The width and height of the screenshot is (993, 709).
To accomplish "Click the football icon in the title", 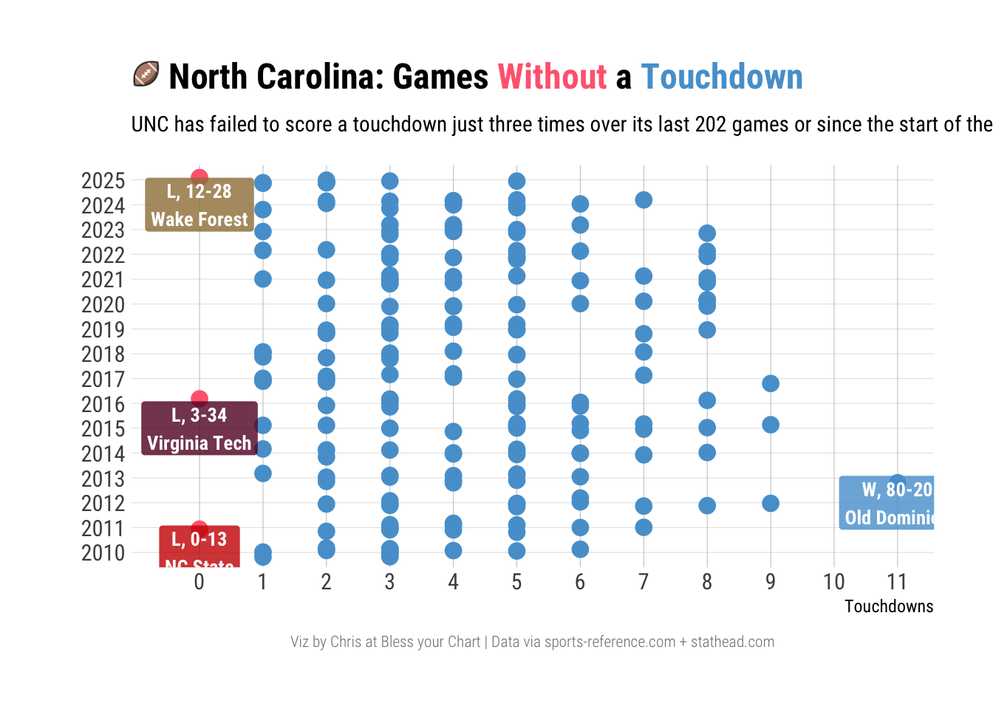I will (x=146, y=75).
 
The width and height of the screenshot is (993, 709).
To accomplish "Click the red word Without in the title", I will (x=552, y=77).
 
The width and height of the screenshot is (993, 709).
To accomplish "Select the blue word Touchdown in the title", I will (x=721, y=77).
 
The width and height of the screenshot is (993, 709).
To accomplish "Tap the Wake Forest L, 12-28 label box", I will (x=199, y=205).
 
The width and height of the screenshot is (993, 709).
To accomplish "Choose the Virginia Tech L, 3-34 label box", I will (x=199, y=428).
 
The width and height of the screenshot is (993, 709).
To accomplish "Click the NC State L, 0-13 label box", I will (x=199, y=547).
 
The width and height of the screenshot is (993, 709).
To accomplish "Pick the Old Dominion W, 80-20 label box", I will (x=887, y=503).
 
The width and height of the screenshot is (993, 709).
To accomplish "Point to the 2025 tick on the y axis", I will (x=103, y=181).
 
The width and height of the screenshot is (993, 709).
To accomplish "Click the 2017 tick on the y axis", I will (x=103, y=380).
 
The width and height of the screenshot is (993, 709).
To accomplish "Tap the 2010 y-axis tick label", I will (x=103, y=553).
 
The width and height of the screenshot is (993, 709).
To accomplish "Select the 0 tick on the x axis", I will (x=199, y=582).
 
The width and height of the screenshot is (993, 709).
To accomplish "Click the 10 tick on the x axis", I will (x=833, y=582).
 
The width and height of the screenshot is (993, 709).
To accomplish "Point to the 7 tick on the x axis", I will (x=644, y=582).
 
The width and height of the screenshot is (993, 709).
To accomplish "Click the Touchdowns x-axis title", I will (x=888, y=606).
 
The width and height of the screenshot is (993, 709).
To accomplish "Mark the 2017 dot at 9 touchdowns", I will (x=771, y=383).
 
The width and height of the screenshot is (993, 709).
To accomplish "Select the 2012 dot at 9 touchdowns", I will (x=771, y=503).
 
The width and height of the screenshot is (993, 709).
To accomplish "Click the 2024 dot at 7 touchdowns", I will (x=644, y=199).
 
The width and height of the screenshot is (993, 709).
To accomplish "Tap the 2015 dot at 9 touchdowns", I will (x=771, y=425).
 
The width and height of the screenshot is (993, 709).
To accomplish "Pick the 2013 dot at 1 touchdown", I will (x=263, y=473).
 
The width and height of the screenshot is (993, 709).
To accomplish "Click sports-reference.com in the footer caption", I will (x=610, y=642).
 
